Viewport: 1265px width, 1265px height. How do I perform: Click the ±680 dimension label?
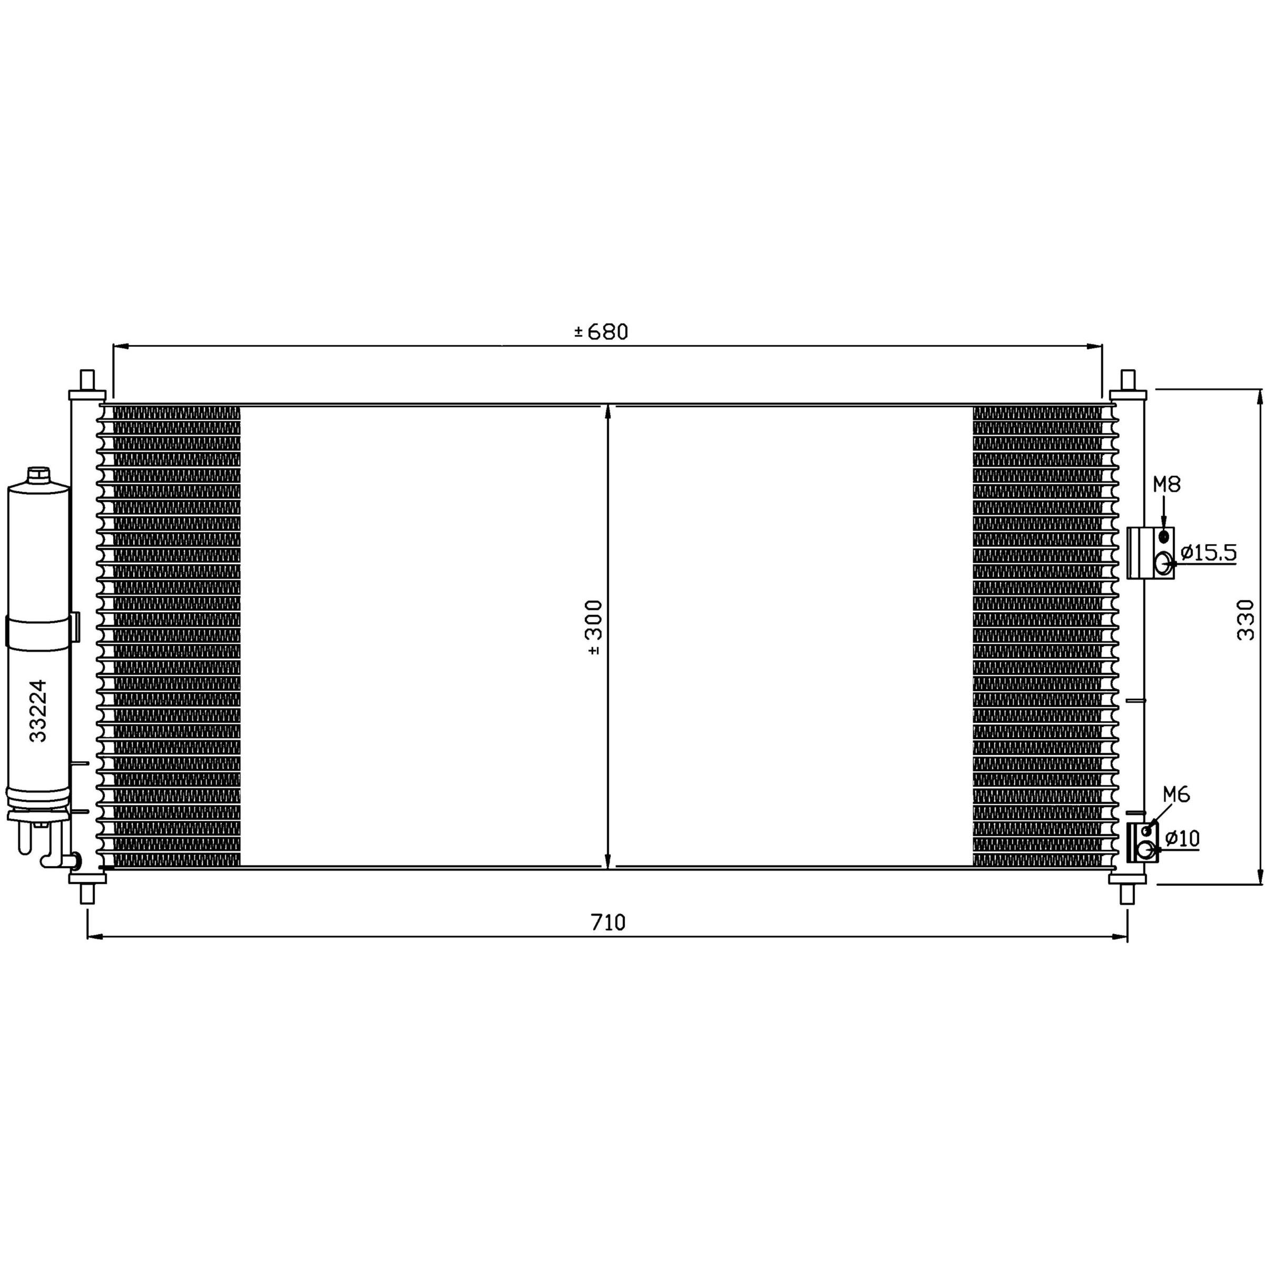(x=601, y=332)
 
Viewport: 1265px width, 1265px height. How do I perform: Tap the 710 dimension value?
(x=609, y=923)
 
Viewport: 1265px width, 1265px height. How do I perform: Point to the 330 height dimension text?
(x=1246, y=620)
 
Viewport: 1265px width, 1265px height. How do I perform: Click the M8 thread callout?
(x=1166, y=485)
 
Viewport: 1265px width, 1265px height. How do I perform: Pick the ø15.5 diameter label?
(x=1209, y=553)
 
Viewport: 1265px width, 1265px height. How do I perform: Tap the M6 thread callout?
(x=1176, y=795)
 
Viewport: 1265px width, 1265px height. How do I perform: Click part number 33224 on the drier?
(x=38, y=710)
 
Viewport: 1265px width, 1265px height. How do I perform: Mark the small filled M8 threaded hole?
(x=1163, y=537)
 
